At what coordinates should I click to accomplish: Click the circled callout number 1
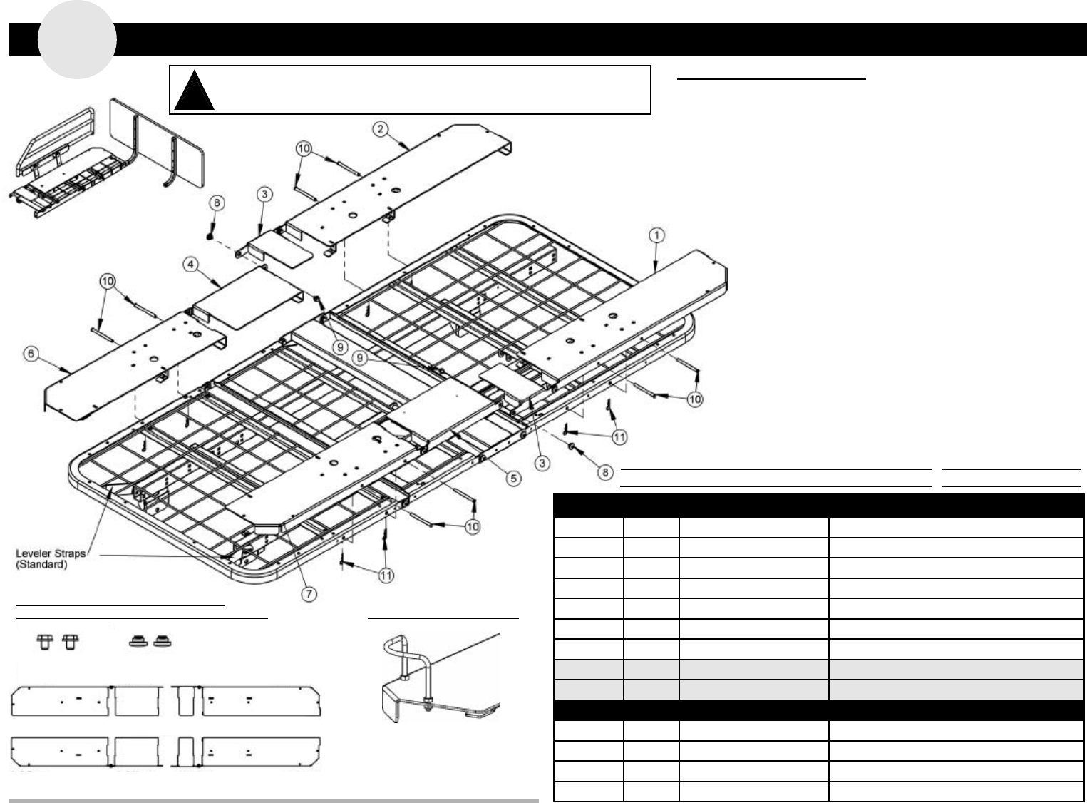point(656,235)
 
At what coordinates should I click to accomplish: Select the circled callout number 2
point(381,129)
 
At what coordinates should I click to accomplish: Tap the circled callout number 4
point(191,265)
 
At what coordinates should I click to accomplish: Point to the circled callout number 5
point(514,478)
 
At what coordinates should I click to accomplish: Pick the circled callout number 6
point(31,354)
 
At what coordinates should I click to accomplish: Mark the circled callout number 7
point(309,595)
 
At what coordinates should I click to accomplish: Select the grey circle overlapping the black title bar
point(77,39)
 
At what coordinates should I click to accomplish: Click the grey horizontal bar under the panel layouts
point(274,800)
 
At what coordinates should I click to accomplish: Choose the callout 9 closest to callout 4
point(340,347)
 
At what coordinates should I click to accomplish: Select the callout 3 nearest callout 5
point(543,464)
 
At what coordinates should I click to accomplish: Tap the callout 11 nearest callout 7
point(386,575)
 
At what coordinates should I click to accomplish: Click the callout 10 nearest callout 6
point(108,281)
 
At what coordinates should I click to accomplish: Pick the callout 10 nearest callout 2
point(304,149)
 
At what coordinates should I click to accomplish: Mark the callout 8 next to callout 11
point(604,471)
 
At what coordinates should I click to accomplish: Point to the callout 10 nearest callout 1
point(694,399)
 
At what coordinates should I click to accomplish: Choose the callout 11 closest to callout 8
point(619,436)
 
